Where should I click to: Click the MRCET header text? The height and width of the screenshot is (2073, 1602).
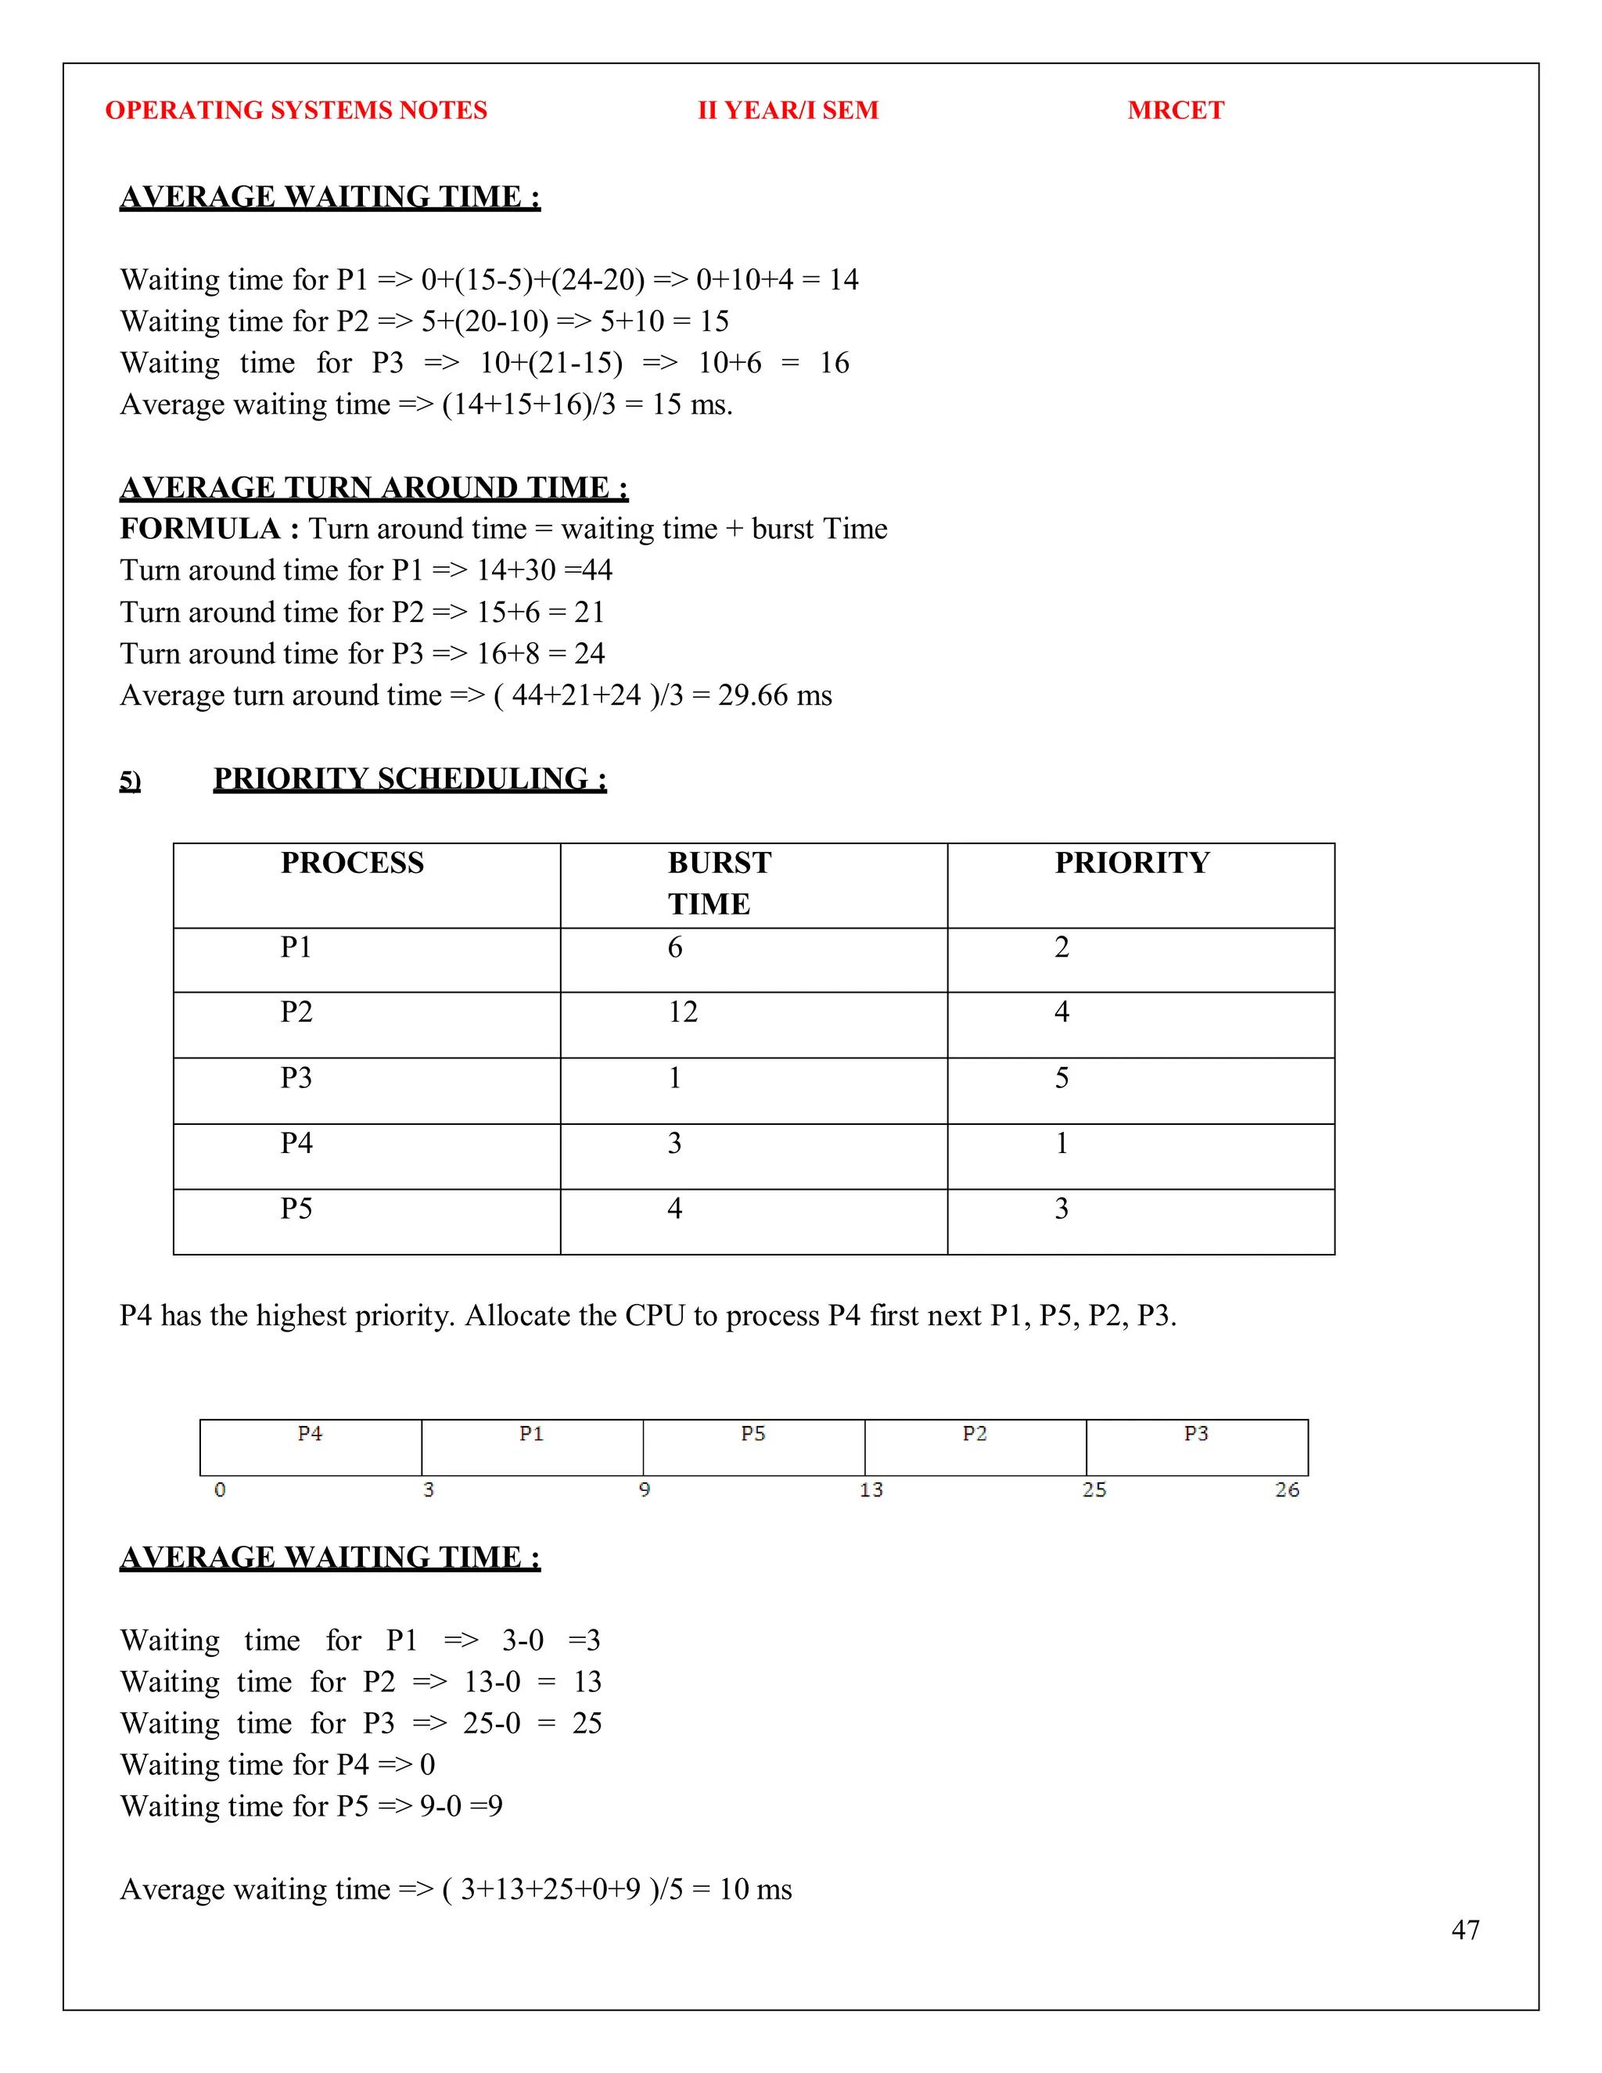click(x=1175, y=110)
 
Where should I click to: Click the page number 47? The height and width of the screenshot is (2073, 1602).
click(x=1464, y=1930)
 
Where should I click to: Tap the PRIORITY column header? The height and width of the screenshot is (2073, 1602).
click(x=1132, y=863)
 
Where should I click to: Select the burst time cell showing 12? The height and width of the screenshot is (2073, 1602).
click(x=682, y=1011)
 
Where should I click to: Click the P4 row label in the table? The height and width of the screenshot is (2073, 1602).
click(x=296, y=1143)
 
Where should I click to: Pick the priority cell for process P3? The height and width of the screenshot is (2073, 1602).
click(x=1061, y=1077)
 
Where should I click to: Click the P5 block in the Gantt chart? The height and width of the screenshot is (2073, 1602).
click(x=753, y=1447)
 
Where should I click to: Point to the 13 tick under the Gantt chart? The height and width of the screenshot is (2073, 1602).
click(x=871, y=1490)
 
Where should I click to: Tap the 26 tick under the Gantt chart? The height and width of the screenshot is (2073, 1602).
click(x=1286, y=1490)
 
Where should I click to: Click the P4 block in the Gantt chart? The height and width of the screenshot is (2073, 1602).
click(x=311, y=1447)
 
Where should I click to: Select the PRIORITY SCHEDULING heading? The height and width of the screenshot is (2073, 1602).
click(x=409, y=779)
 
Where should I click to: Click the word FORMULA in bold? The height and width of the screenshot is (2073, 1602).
click(x=200, y=529)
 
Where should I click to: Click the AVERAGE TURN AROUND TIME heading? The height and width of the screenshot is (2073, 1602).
click(x=373, y=488)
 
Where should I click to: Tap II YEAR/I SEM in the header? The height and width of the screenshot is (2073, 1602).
click(x=788, y=110)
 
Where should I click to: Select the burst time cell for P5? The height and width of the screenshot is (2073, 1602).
click(x=675, y=1209)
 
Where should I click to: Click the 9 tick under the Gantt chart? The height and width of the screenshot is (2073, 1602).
click(x=645, y=1490)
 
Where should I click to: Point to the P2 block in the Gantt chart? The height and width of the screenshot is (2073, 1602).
click(x=975, y=1447)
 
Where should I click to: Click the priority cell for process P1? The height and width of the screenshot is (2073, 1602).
click(x=1061, y=947)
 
